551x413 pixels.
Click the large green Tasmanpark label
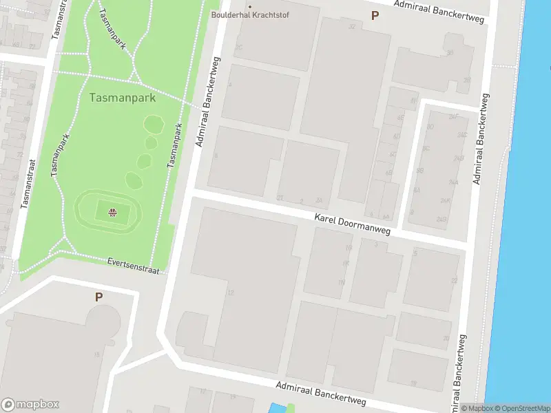pos(123,98)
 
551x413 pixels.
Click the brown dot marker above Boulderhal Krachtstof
pos(249,7)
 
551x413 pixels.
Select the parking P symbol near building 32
pos(375,15)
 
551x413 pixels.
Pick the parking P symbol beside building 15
pos(98,297)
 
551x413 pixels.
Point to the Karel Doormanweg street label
pos(352,224)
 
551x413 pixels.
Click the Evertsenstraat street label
pos(133,265)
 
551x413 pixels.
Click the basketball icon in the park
pos(111,211)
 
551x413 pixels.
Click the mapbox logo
pos(30,405)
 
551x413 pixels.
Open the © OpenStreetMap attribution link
pos(521,408)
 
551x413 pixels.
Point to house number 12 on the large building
pos(231,293)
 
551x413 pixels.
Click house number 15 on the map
pos(96,354)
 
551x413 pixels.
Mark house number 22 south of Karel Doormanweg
pos(453,281)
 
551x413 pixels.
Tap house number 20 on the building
pos(446,338)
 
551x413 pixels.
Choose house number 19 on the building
pos(413,383)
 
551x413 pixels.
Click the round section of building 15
pos(104,321)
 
